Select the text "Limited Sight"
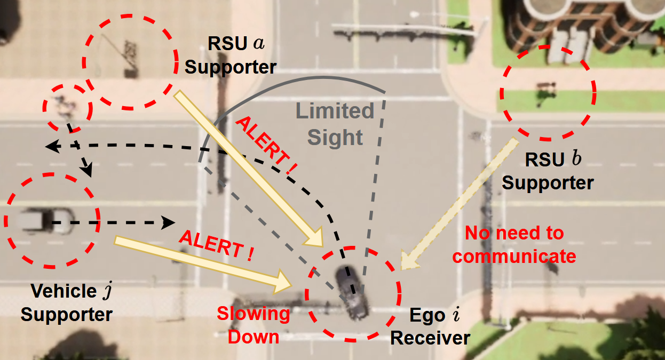(x=335, y=125)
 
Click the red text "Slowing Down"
(x=254, y=325)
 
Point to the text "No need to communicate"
(x=514, y=245)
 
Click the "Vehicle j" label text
(x=71, y=291)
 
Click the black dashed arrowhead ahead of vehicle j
(x=169, y=221)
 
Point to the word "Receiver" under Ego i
(x=430, y=338)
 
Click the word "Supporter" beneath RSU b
(x=548, y=183)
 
